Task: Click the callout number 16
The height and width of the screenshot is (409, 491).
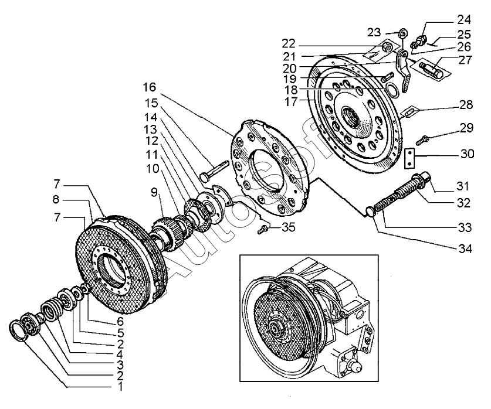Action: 148,88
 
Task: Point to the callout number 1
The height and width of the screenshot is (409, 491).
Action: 120,387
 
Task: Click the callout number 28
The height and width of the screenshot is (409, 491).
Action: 465,105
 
